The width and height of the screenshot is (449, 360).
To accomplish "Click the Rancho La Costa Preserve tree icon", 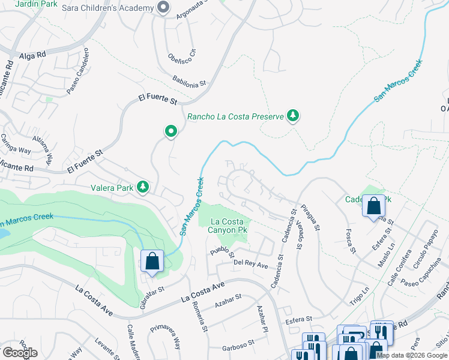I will (x=292, y=116).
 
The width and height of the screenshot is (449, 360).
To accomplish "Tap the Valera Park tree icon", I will (x=143, y=188).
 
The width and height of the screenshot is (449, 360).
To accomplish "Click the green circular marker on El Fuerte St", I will (x=171, y=131).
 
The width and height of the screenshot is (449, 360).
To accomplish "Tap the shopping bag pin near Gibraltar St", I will (x=152, y=262).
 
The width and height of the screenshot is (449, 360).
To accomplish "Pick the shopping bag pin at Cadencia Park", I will (x=374, y=206).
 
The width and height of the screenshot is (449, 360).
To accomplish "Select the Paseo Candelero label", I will (x=78, y=71).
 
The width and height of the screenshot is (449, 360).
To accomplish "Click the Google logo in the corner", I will (x=20, y=353).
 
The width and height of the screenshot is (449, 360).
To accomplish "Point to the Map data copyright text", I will (x=411, y=355).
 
